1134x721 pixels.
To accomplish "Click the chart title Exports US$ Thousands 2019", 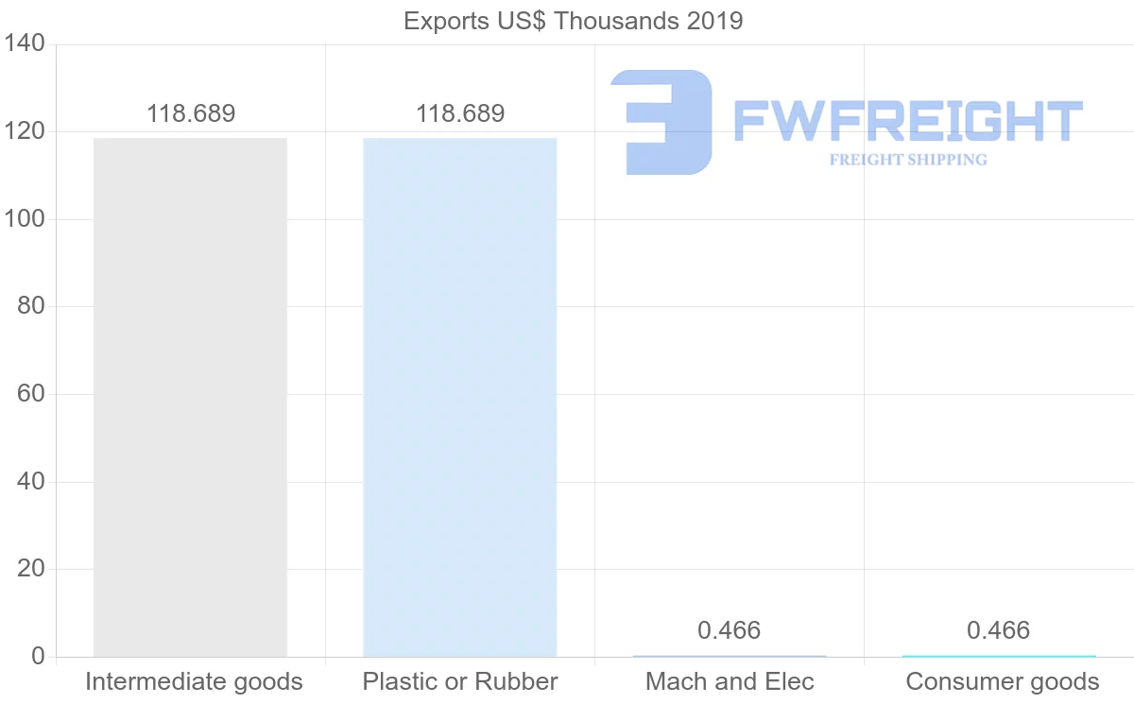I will point(573,21).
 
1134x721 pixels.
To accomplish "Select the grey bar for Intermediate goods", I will point(190,397).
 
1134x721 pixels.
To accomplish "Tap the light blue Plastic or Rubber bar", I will point(460,397).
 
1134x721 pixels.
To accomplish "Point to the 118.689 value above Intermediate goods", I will point(191,114).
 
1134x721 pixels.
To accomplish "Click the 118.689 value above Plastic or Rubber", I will point(460,114).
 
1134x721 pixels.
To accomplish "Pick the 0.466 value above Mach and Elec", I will point(729,630).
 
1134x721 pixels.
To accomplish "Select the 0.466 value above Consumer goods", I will point(998,630).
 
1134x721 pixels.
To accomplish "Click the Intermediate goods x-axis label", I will point(194,681).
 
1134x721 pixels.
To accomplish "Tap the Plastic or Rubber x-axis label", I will point(460,681).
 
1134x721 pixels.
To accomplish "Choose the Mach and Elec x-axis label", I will point(730,681).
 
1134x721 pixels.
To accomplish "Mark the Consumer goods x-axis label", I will point(1003,681).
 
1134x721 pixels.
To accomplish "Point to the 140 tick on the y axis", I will point(25,44).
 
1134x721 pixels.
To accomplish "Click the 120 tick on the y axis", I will point(25,131).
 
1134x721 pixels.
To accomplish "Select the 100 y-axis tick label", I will point(25,219).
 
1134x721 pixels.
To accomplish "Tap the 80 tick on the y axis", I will point(31,306).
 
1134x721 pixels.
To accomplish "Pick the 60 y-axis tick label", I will point(31,394).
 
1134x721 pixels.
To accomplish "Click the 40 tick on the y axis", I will point(31,482).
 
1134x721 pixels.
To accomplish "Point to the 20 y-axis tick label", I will point(31,569).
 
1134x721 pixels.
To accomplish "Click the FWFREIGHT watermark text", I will point(907,122).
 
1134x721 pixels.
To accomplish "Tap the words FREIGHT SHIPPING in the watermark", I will point(908,160).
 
